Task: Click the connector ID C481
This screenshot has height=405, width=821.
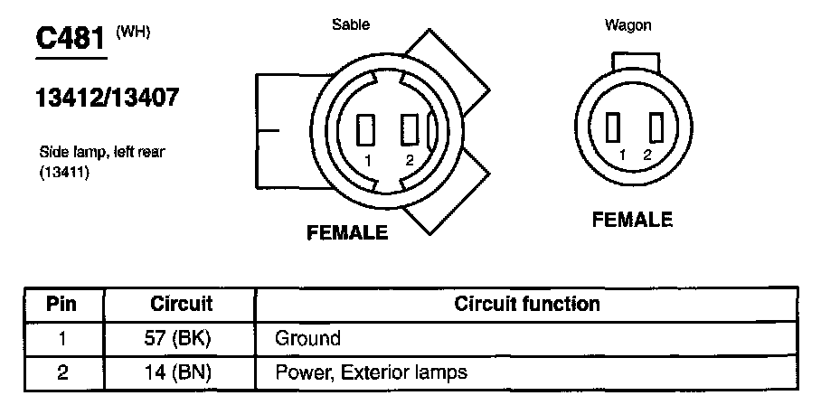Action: tap(71, 40)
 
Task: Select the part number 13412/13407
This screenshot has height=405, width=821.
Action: tap(107, 98)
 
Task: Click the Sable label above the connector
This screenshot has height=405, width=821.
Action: tap(351, 24)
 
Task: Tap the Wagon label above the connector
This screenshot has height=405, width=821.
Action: tap(628, 25)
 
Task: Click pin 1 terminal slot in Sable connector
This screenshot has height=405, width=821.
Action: tap(367, 129)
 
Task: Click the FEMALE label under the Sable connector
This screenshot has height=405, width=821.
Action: tap(348, 232)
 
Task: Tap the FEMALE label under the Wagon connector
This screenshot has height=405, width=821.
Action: tap(632, 220)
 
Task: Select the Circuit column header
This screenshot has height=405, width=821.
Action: tap(181, 304)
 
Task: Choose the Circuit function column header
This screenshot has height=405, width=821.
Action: tap(527, 304)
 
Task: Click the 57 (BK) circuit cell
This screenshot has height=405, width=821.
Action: tap(181, 338)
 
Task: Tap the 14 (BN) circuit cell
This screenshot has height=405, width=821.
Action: tap(181, 371)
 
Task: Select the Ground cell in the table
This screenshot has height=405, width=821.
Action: tap(307, 338)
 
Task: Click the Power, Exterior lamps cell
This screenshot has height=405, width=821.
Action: tap(371, 371)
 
